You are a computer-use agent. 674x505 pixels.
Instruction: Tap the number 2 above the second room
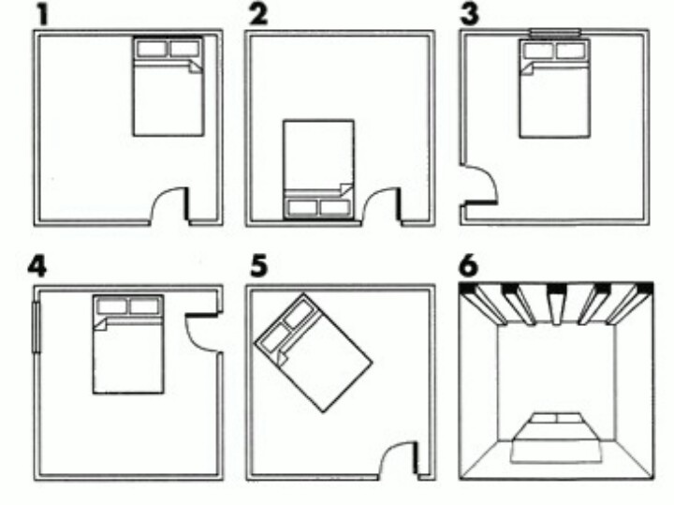(255, 13)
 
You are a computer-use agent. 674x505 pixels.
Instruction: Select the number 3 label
(468, 13)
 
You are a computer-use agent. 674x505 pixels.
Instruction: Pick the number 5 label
(256, 266)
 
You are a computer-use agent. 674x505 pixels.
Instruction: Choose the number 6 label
(469, 266)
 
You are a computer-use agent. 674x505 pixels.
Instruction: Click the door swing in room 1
(169, 204)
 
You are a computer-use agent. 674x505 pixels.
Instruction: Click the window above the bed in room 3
(556, 34)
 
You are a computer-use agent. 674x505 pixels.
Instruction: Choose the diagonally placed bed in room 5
(314, 351)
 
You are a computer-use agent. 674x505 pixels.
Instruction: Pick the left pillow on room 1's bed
(151, 48)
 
